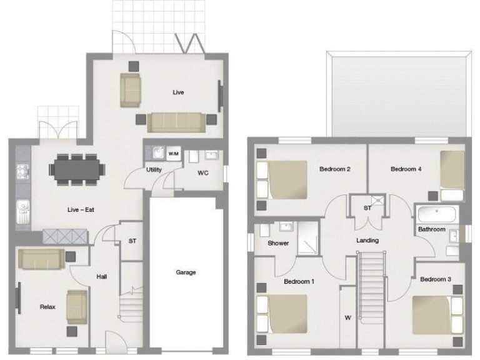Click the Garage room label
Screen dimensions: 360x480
point(186,272)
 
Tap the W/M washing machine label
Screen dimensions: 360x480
point(173,153)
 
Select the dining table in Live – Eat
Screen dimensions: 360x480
point(77,168)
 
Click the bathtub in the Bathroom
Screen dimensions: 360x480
point(438,215)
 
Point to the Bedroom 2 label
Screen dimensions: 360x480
point(334,169)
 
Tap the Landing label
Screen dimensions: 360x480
point(367,240)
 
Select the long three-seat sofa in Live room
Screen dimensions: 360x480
point(177,121)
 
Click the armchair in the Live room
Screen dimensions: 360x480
point(131,89)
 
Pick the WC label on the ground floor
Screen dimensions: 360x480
point(203,171)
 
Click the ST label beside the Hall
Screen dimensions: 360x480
point(132,239)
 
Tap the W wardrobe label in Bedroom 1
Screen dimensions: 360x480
point(347,317)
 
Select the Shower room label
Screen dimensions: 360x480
point(278,243)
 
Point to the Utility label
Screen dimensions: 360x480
point(154,169)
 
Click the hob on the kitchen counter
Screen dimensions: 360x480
point(22,170)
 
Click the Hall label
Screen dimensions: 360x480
point(102,276)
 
